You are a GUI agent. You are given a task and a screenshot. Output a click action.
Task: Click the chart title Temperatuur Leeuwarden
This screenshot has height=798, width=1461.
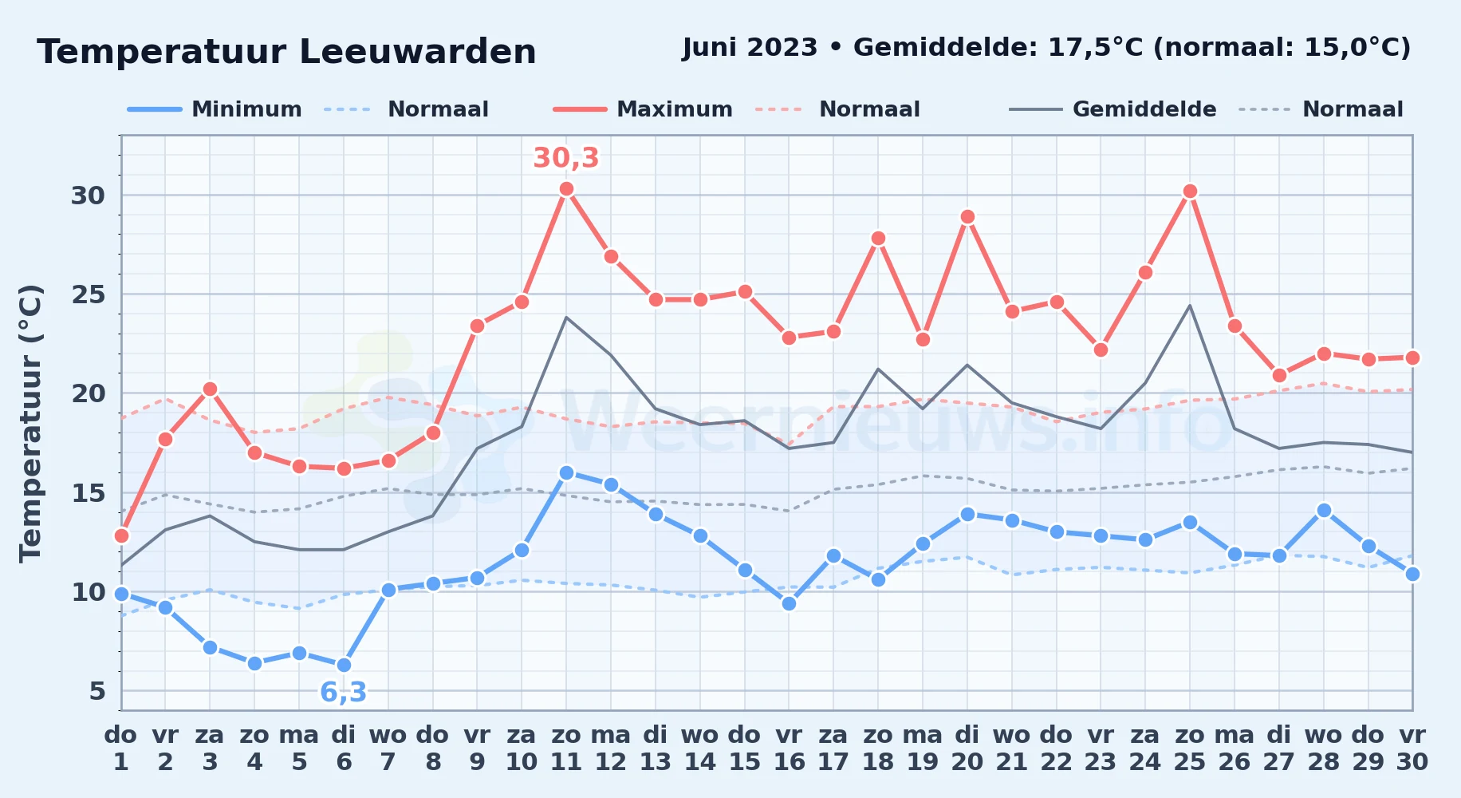(286, 52)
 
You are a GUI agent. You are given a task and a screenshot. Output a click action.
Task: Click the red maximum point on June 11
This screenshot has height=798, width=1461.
(566, 189)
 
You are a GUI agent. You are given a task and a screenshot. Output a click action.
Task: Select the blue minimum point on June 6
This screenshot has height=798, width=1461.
(344, 665)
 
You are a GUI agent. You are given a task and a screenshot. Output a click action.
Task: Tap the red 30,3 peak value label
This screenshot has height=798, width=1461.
(566, 158)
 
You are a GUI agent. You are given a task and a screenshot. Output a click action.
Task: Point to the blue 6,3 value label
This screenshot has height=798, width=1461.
(344, 692)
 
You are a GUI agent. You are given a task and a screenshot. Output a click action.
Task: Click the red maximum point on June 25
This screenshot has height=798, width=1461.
(1190, 192)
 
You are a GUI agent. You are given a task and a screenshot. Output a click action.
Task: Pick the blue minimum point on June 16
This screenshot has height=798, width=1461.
(789, 603)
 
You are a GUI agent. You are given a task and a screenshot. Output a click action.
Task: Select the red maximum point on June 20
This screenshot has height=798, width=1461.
(967, 217)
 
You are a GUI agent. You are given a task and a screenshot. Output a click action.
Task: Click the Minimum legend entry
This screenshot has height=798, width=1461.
(215, 109)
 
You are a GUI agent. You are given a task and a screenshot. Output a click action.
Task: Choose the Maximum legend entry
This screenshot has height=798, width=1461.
(643, 109)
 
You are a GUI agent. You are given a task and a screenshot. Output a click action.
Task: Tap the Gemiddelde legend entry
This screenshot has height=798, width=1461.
(1113, 109)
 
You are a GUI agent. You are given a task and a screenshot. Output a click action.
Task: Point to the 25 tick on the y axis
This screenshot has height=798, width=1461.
(88, 294)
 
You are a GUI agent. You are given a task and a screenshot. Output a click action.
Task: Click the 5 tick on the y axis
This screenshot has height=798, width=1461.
(97, 690)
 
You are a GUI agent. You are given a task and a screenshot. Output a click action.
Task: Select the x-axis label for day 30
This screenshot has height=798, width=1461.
(1412, 749)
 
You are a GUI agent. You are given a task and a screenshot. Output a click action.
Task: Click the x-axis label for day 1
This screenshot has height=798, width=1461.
(121, 749)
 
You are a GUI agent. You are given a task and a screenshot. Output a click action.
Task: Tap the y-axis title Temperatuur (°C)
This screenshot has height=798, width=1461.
(31, 423)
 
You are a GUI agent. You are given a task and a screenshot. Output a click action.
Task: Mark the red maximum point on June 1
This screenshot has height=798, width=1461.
(121, 535)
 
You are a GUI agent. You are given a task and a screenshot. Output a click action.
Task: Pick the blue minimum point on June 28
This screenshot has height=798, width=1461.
(1324, 510)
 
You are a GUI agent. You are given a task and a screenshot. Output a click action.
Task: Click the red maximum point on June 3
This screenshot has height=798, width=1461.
(210, 389)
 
